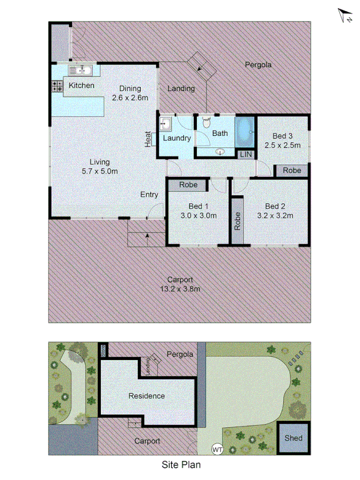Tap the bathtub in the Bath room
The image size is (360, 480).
pyautogui.click(x=245, y=131)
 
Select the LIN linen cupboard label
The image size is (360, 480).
pyautogui.click(x=245, y=154)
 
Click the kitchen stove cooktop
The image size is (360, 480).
pyautogui.click(x=57, y=86)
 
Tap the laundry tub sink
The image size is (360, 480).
pyautogui.click(x=165, y=124)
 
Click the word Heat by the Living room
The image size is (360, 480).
pyautogui.click(x=148, y=140)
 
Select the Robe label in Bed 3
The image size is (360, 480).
pyautogui.click(x=292, y=171)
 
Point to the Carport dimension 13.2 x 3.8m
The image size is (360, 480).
pyautogui.click(x=180, y=289)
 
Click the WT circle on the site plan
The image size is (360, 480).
pyautogui.click(x=217, y=450)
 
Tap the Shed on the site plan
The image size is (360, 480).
pyautogui.click(x=293, y=438)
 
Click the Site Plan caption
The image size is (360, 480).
pyautogui.click(x=181, y=465)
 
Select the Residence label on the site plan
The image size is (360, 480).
pyautogui.click(x=147, y=396)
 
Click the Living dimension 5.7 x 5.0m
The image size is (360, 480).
pyautogui.click(x=100, y=171)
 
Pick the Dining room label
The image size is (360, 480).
pyautogui.click(x=130, y=89)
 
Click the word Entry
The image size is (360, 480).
pyautogui.click(x=149, y=195)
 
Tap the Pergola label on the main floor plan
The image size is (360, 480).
pyautogui.click(x=258, y=65)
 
